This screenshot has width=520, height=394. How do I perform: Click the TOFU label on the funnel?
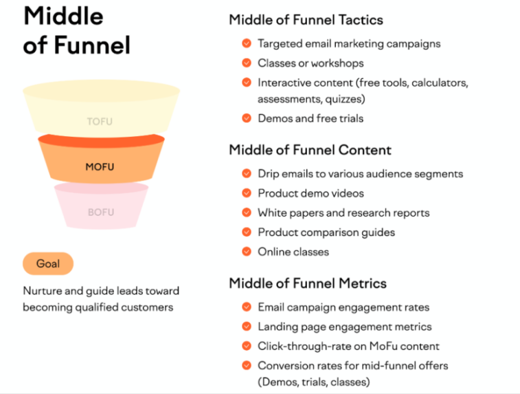[100, 122]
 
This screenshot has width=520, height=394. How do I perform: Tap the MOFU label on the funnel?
[100, 166]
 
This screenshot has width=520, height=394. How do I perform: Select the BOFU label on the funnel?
[101, 212]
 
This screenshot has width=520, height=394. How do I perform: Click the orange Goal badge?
[48, 263]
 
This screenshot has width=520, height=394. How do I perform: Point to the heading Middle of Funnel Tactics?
[306, 20]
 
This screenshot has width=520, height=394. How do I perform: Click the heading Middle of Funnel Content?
[310, 150]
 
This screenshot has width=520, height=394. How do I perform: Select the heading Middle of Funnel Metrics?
[308, 283]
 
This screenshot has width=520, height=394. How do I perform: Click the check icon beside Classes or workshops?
[247, 63]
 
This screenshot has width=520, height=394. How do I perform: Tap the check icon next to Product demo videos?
[247, 193]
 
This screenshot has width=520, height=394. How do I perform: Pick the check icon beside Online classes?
[247, 251]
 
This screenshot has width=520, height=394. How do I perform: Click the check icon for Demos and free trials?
[247, 118]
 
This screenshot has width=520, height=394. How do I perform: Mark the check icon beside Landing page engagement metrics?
[247, 327]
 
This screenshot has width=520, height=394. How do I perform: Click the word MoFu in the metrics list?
[383, 346]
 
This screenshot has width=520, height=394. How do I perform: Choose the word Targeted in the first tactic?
[280, 44]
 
